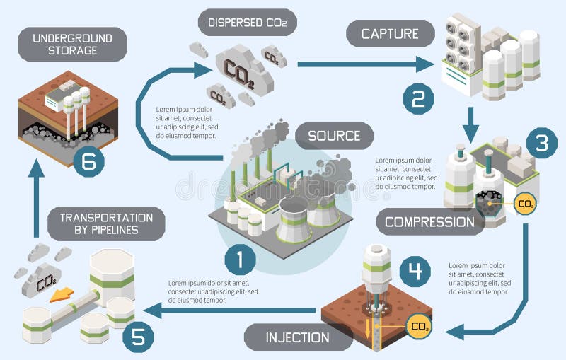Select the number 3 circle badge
click(x=541, y=144)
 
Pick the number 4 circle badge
click(x=415, y=270)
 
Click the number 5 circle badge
click(x=138, y=336)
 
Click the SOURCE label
click(x=334, y=135)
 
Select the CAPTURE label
click(x=390, y=33)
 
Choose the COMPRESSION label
click(x=429, y=221)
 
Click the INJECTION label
click(x=298, y=337)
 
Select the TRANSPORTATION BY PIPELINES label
click(x=106, y=223)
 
